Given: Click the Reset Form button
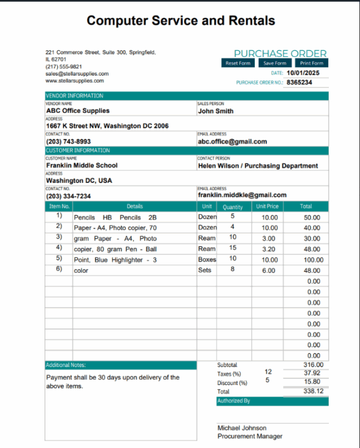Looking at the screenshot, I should click(238, 63).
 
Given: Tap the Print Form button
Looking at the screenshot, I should click(311, 63).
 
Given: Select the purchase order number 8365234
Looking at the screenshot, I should click(299, 82).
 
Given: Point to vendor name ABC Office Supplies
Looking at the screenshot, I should click(78, 111).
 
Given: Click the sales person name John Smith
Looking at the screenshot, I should click(216, 111).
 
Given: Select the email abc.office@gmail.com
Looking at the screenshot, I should click(233, 142).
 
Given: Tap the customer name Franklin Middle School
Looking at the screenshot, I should click(82, 166).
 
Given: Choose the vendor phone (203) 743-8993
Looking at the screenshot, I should click(68, 142).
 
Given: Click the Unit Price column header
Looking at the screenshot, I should click(268, 206).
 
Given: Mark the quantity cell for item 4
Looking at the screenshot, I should click(233, 248).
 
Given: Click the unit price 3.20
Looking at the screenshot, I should click(269, 249).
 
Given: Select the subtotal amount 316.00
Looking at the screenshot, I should click(313, 365).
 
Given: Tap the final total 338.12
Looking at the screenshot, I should click(313, 390).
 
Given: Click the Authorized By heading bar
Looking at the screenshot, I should click(272, 401).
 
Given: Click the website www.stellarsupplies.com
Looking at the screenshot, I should click(74, 80).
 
